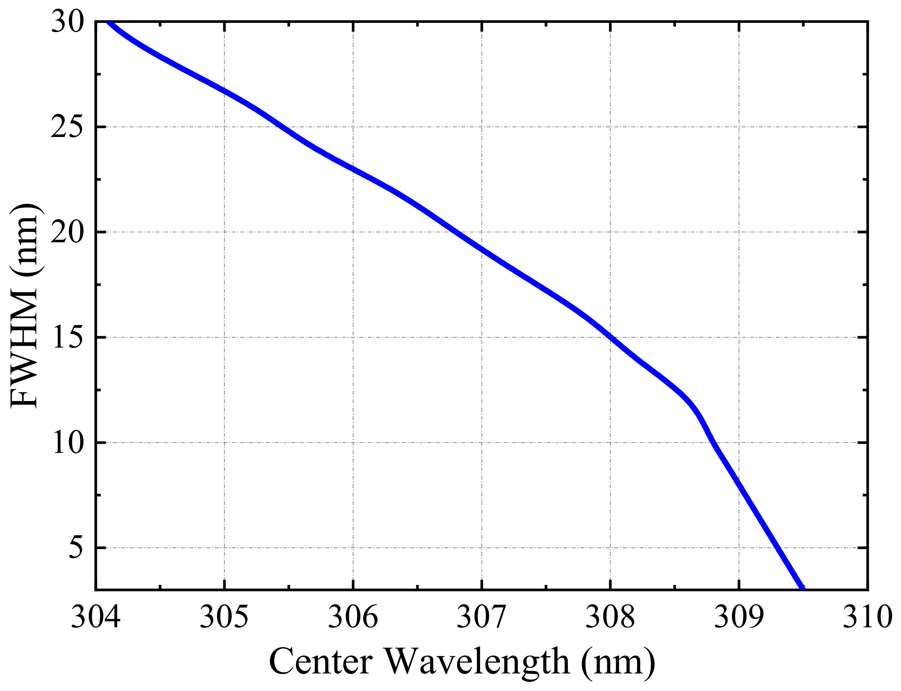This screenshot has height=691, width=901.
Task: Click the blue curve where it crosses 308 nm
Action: tap(610, 338)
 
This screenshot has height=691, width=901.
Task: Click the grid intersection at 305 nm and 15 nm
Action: tap(224, 337)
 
